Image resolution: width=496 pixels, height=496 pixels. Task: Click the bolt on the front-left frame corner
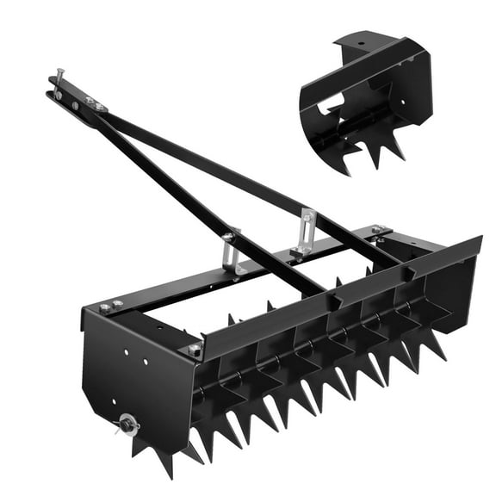[195, 350]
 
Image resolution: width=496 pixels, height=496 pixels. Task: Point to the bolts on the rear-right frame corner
[378, 231]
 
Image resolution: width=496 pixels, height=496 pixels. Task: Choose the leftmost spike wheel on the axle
[164, 431]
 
